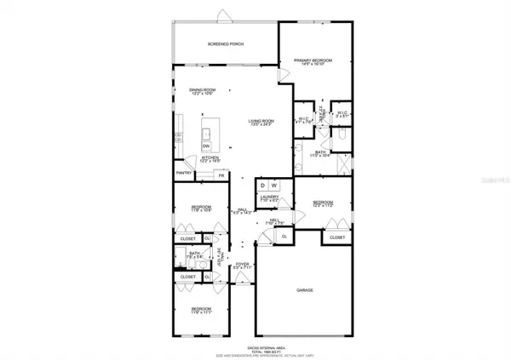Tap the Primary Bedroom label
click(313, 61)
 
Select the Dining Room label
click(202, 91)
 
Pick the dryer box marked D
click(263, 185)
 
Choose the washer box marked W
click(275, 185)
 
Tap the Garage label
click(305, 290)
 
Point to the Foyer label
click(242, 265)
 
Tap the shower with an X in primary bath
click(342, 164)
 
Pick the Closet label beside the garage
click(337, 237)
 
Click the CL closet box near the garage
click(282, 236)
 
